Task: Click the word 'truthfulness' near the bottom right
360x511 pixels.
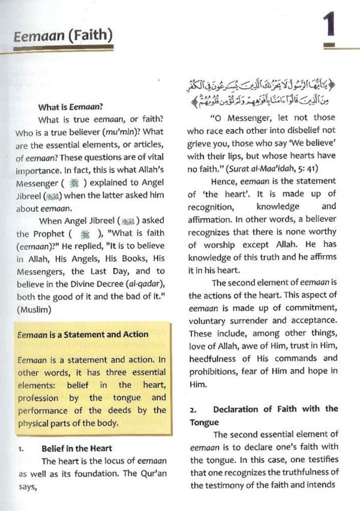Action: click(x=301, y=473)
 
